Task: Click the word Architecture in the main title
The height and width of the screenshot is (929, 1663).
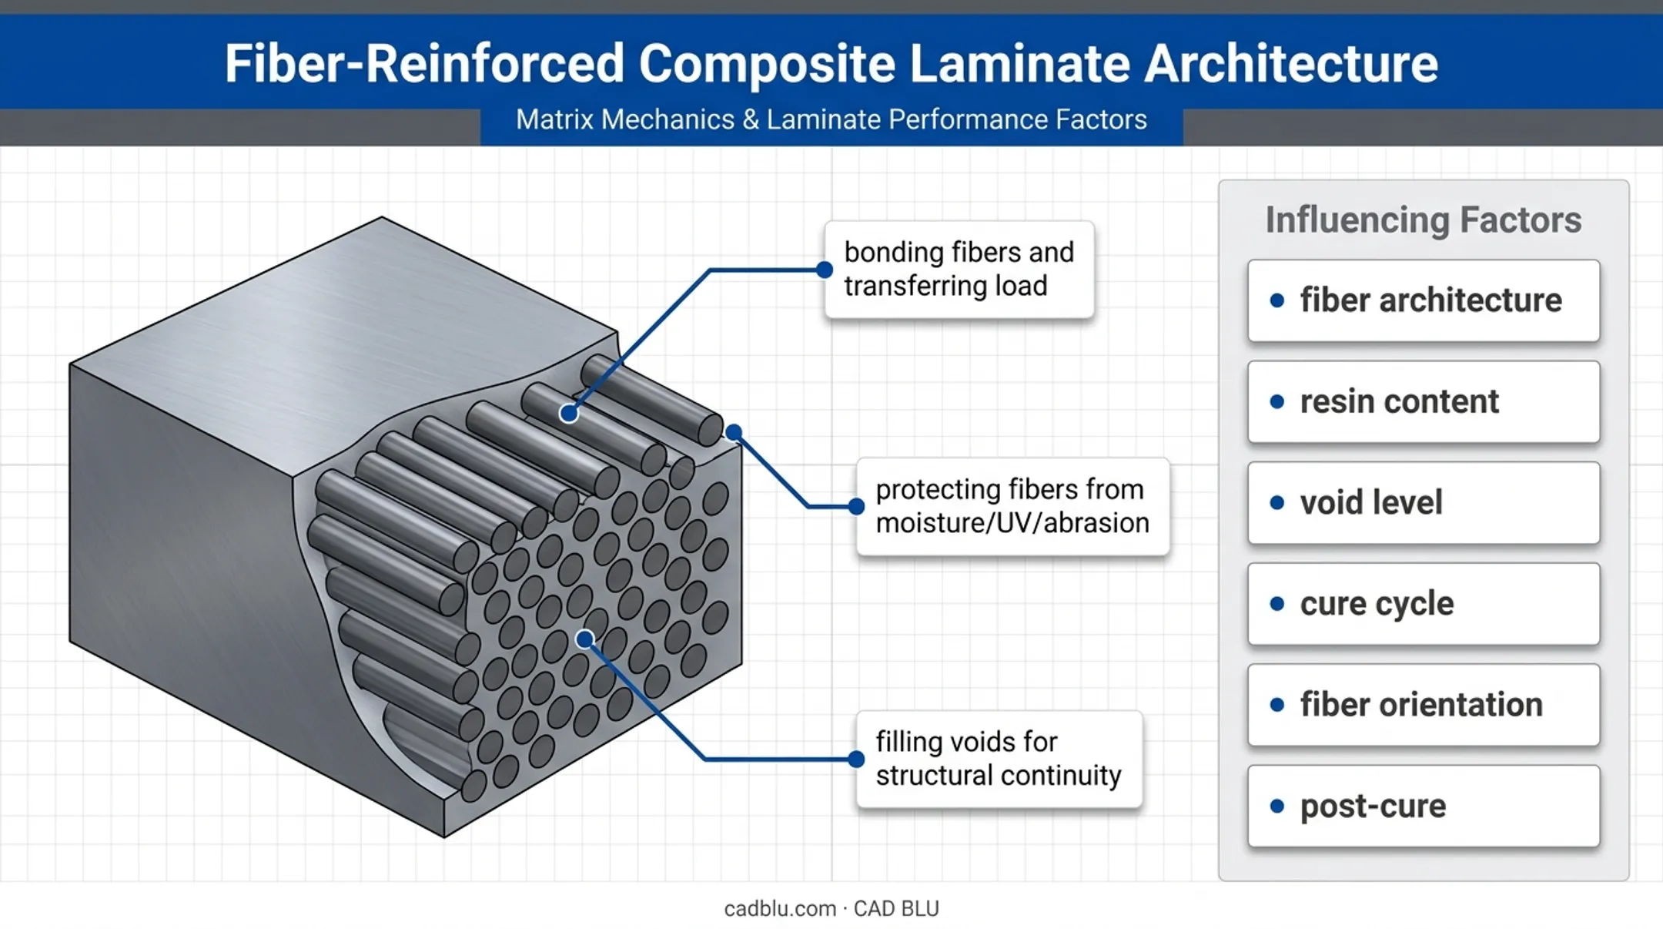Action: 1291,63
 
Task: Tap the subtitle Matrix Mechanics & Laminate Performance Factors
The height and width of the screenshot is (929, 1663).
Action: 831,119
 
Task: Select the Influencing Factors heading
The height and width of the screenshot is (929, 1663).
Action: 1424,220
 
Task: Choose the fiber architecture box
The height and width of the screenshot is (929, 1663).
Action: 1424,300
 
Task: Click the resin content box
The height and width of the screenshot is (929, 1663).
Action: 1424,401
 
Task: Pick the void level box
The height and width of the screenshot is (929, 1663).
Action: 1424,502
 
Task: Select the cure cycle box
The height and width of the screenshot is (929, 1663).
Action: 1424,603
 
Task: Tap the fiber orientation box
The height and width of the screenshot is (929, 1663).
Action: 1424,705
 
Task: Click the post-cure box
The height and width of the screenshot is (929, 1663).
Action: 1424,806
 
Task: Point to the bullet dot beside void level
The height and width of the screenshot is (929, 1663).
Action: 1277,503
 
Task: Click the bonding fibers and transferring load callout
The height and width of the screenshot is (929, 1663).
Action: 959,270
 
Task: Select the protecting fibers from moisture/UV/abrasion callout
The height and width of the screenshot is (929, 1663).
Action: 1012,506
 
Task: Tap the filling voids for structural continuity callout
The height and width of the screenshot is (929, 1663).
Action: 999,759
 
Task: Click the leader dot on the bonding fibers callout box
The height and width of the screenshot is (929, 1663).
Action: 825,270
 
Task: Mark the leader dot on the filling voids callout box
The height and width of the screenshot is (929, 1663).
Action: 856,760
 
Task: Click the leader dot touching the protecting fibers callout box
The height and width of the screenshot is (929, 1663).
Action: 856,506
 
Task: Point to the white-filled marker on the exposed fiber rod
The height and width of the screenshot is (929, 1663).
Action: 569,414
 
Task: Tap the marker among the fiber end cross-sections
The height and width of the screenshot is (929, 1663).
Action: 585,639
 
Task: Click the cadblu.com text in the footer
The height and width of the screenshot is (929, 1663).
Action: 780,909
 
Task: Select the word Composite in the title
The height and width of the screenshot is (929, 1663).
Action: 767,63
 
